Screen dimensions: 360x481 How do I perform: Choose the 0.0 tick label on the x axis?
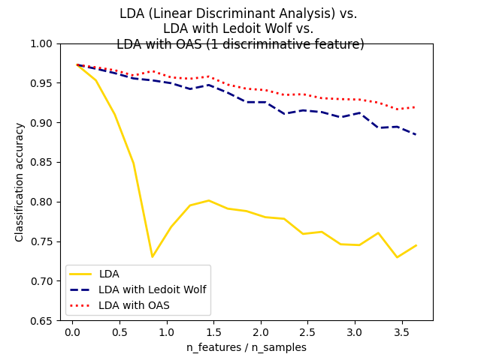(x=72, y=332)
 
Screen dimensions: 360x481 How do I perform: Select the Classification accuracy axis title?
(x=20, y=182)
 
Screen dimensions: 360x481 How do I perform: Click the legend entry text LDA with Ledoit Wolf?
(x=152, y=289)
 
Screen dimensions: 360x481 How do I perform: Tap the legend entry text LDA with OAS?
(x=134, y=305)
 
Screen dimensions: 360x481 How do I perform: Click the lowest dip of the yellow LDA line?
(x=152, y=256)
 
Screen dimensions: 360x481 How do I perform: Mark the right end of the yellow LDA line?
(x=416, y=245)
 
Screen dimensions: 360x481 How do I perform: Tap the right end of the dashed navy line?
(x=416, y=134)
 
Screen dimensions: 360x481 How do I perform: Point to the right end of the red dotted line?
(x=416, y=107)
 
